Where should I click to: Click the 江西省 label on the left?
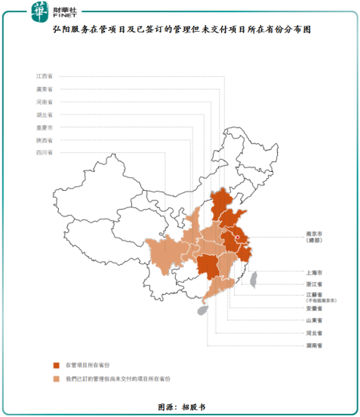44,76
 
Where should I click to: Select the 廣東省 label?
44,89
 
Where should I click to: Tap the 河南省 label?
44,102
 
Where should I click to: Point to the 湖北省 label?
44,115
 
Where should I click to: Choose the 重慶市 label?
44,127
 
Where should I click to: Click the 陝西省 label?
44,140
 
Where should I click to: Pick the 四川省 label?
44,153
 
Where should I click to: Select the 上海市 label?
314,271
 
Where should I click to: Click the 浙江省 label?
314,284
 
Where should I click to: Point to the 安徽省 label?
314,308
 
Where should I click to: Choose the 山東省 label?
314,320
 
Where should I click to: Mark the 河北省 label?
314,333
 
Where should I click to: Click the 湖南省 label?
314,345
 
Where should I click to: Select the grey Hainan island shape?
202,309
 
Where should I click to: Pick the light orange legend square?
56,378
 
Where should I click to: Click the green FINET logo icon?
38,11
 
